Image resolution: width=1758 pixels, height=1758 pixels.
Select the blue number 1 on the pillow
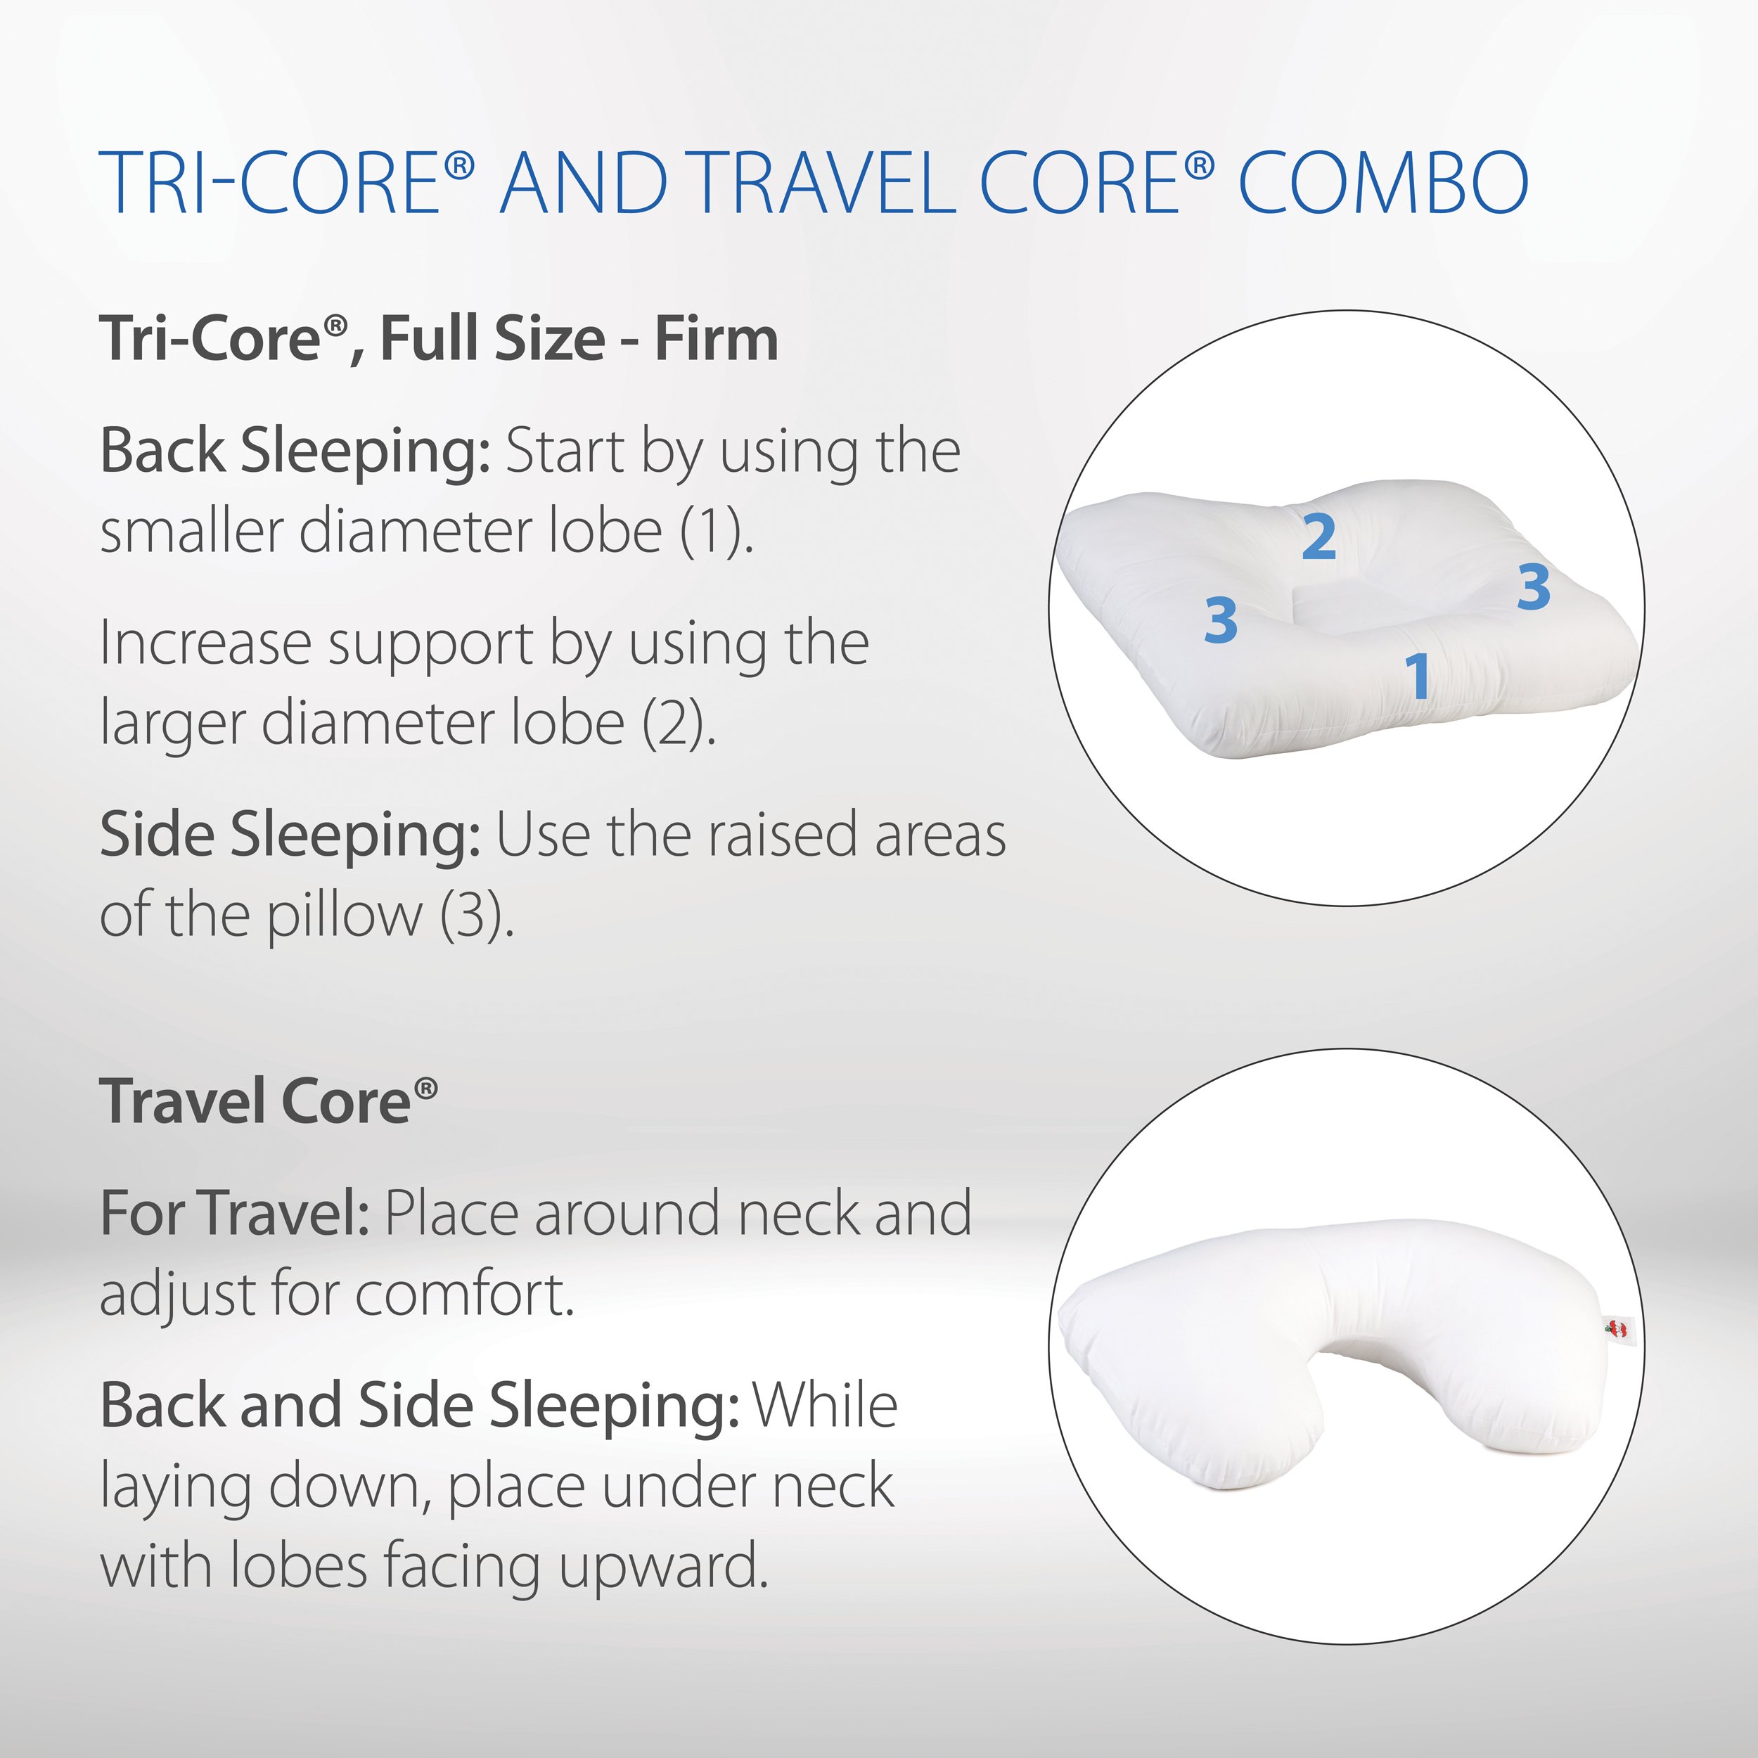pos(1418,676)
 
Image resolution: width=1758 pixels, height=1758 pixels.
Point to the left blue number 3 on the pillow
pos(1220,621)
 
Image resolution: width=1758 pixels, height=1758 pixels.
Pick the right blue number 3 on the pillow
pos(1533,587)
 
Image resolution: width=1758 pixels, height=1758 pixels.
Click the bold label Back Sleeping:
pos(296,452)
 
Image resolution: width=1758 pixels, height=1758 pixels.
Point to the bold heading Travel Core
pos(269,1101)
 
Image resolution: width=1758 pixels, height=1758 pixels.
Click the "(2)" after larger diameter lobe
pos(679,724)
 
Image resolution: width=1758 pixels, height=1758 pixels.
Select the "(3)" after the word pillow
pos(477,916)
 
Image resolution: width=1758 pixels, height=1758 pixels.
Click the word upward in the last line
pos(665,1566)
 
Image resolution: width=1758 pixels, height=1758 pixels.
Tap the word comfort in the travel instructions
pos(465,1295)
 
